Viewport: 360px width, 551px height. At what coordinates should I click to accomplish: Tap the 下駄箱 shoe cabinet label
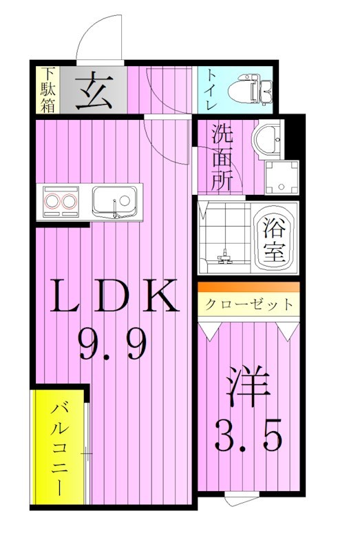[47, 88]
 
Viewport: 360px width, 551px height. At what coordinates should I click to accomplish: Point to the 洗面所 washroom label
[222, 156]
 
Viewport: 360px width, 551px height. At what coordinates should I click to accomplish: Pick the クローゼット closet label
[248, 304]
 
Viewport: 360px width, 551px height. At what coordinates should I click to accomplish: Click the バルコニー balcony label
[57, 448]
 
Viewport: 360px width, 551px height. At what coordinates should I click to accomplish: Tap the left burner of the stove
[52, 202]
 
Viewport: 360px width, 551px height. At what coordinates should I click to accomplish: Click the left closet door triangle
[211, 331]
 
